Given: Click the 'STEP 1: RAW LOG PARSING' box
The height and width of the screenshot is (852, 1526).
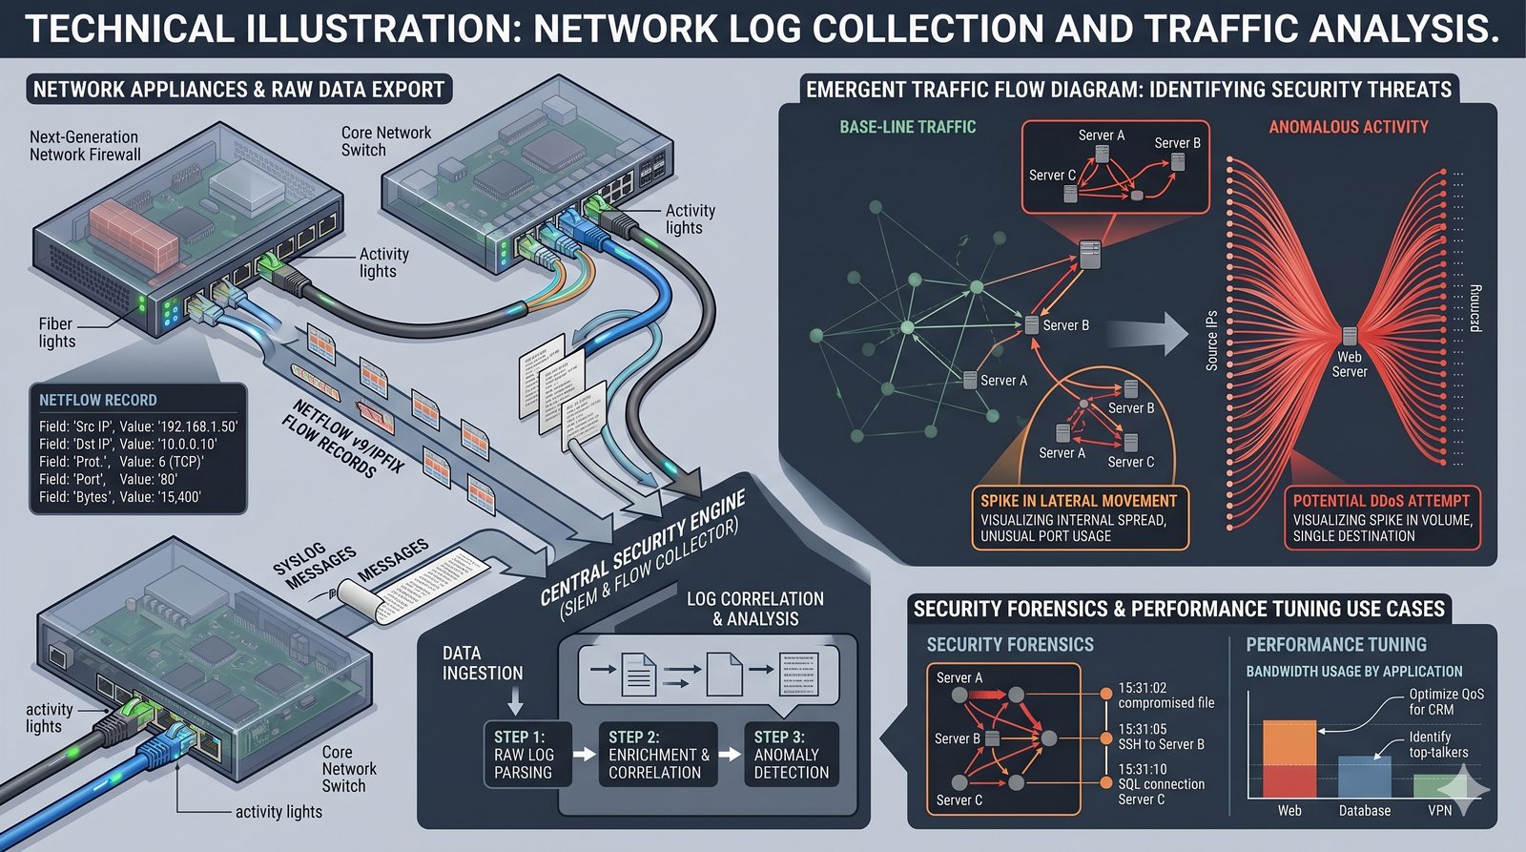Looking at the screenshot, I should (x=524, y=754).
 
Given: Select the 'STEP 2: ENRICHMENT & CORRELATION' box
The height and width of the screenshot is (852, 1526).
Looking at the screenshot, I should (x=658, y=754).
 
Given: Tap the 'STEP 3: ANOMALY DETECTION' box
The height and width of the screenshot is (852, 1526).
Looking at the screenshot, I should (x=791, y=754).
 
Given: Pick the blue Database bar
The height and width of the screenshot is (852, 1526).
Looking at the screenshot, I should (x=1364, y=778).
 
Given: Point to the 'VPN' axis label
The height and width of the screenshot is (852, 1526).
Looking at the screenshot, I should (x=1440, y=810).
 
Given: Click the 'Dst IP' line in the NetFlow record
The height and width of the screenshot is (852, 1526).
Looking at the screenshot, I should (x=128, y=444).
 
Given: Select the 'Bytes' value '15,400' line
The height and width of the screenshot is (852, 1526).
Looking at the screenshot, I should (x=120, y=496).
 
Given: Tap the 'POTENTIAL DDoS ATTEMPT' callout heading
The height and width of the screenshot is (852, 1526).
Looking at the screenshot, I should (x=1381, y=500).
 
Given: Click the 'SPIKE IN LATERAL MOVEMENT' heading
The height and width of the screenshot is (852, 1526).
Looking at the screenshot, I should (x=1079, y=500).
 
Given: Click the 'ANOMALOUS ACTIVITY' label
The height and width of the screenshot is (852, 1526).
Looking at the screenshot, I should (x=1348, y=127).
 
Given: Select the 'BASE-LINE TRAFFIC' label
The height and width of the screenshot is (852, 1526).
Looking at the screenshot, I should (x=907, y=127).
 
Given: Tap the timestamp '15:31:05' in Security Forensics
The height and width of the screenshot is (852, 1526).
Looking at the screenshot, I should (x=1143, y=729).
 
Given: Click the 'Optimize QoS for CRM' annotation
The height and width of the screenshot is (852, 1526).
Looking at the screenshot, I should (x=1446, y=701).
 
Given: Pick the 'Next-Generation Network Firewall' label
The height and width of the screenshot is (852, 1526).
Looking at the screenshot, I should (x=85, y=146).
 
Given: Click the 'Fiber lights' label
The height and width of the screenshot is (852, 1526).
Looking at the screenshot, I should (x=56, y=332).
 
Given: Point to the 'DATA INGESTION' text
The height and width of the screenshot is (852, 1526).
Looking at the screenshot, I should (x=483, y=663).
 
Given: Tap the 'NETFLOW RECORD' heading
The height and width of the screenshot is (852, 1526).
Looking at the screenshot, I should (x=98, y=400).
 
